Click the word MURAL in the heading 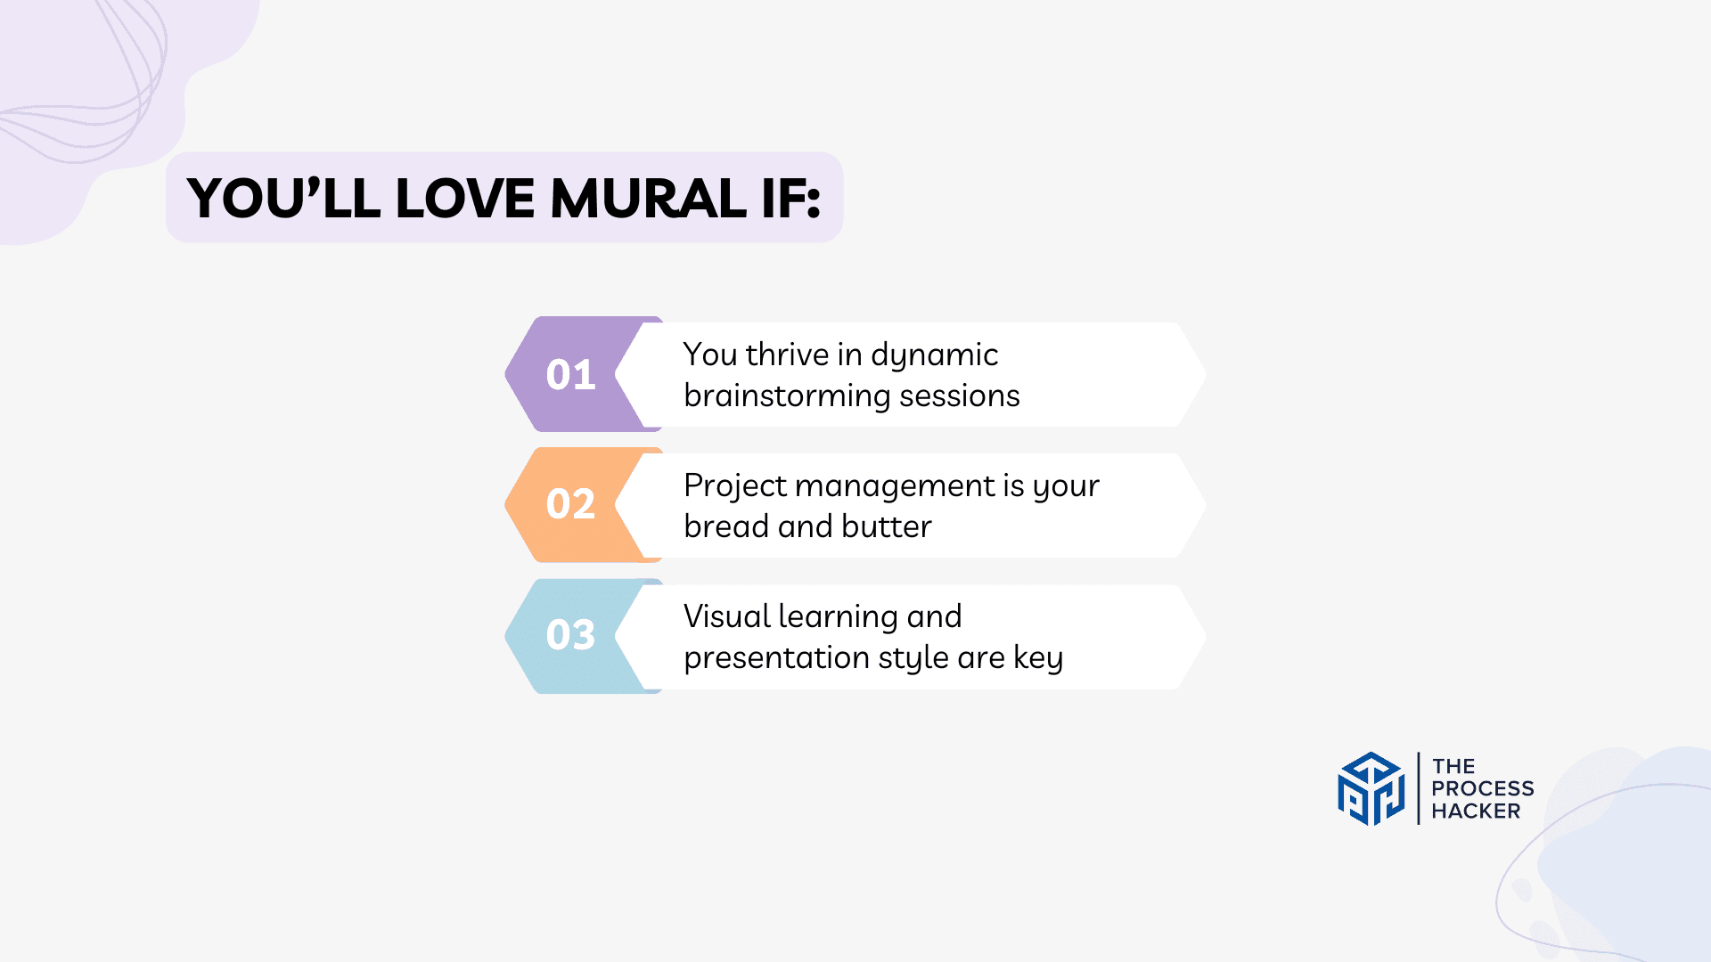click(648, 198)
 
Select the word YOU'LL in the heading click(284, 198)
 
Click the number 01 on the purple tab click(570, 375)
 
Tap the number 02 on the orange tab click(570, 504)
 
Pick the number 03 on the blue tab click(570, 635)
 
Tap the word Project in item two click(735, 486)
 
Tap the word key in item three click(1038, 658)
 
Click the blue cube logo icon click(1371, 788)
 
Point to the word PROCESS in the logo click(1482, 789)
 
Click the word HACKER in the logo click(1476, 811)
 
